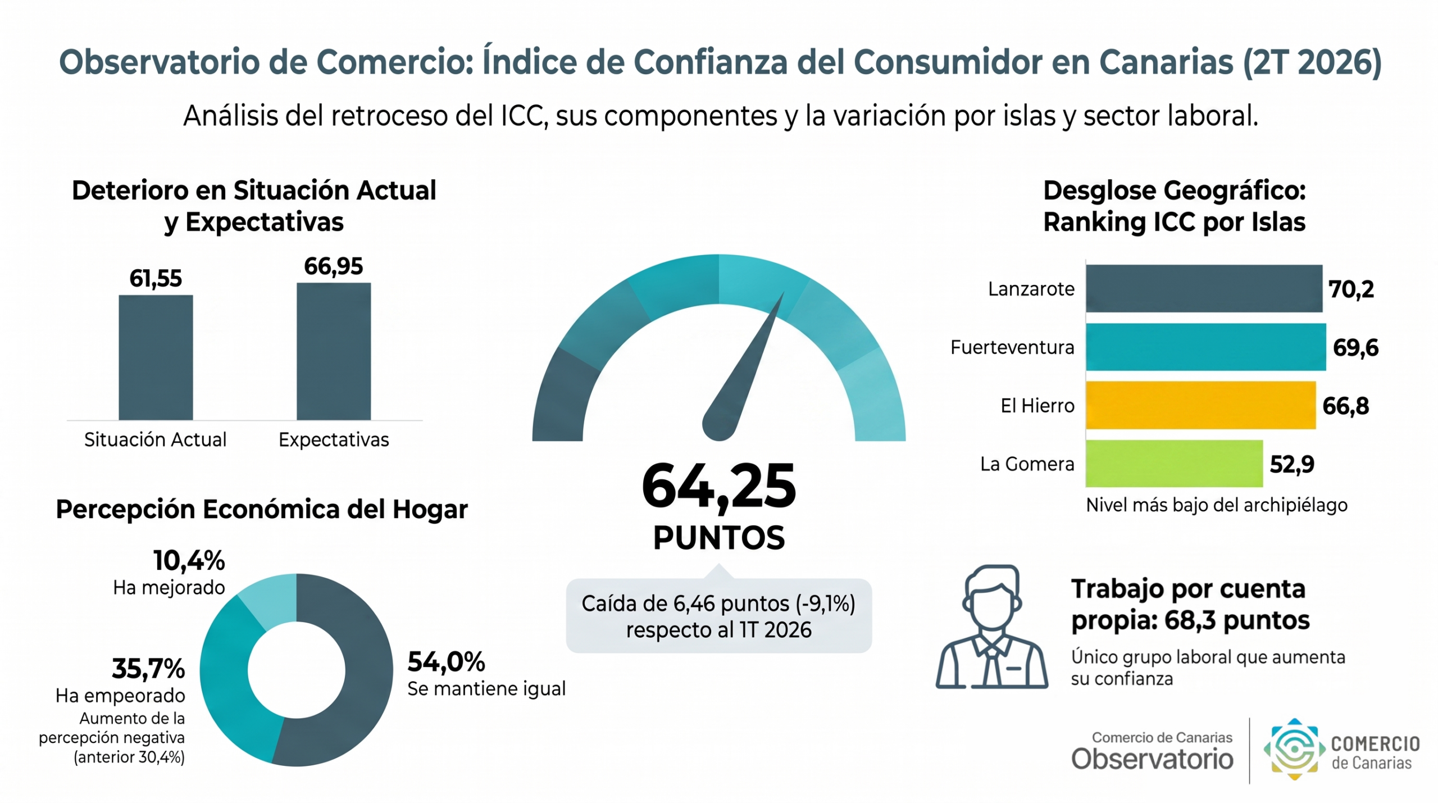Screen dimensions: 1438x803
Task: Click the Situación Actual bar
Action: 156,357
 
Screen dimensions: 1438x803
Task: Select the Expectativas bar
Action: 334,351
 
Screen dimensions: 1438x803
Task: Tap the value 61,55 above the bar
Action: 156,278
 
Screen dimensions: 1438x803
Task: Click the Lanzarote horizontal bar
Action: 1204,288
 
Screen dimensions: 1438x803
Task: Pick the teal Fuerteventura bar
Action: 1205,347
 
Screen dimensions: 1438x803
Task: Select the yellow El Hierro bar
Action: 1200,405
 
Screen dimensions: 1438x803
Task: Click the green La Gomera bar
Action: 1174,464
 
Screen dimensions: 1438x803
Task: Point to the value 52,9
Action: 1292,464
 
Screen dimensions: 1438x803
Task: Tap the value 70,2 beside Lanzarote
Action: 1351,289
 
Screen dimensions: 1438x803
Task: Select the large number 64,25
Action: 718,486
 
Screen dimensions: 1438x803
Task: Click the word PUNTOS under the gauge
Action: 719,538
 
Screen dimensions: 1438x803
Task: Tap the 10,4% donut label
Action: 189,560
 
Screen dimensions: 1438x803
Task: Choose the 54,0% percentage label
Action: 446,661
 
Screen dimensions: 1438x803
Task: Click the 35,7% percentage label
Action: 148,669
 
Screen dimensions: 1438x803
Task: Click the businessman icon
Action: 991,627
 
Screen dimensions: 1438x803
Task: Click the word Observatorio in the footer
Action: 1152,759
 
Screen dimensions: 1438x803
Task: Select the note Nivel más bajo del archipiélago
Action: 1217,505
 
